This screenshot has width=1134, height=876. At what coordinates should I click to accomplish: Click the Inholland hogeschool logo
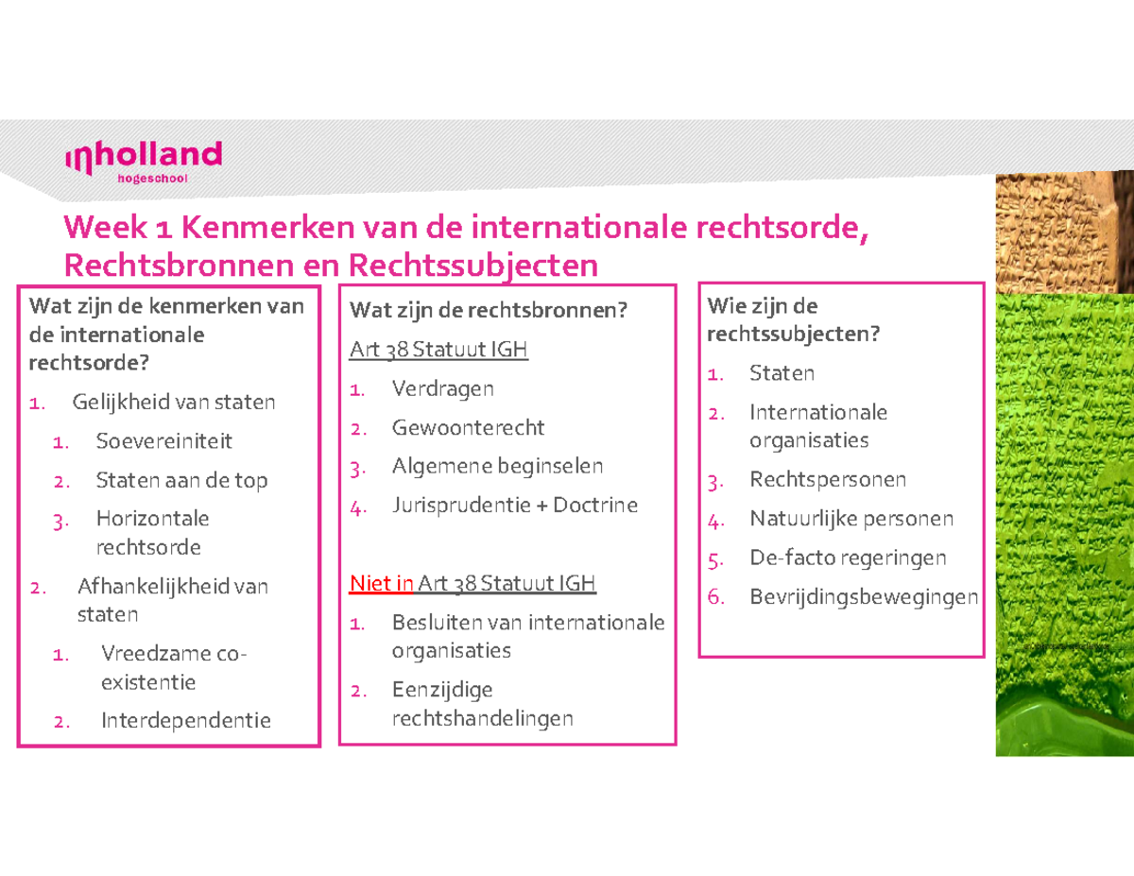tap(143, 162)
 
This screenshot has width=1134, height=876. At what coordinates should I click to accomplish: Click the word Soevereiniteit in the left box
tap(163, 441)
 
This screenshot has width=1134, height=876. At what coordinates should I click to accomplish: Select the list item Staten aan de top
tap(181, 480)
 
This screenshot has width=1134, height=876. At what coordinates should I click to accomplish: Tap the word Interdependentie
tap(185, 721)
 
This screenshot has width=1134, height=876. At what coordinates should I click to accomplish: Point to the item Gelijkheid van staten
tap(174, 403)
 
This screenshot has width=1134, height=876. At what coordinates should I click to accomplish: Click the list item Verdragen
tap(442, 388)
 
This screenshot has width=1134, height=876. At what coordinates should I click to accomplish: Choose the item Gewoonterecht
tap(468, 428)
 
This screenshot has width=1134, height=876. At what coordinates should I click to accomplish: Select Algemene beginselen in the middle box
tap(497, 467)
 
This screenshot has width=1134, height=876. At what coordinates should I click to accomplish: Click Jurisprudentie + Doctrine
tap(514, 506)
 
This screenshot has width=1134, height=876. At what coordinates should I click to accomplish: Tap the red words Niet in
tap(382, 583)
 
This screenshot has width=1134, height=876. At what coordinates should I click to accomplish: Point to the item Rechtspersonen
tap(827, 480)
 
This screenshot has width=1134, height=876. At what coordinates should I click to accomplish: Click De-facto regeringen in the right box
tap(847, 558)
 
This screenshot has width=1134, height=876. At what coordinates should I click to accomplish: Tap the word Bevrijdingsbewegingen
tap(863, 597)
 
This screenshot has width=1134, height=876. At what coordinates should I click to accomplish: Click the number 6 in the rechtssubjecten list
tap(715, 597)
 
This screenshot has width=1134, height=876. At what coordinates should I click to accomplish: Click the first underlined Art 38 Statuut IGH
tap(438, 350)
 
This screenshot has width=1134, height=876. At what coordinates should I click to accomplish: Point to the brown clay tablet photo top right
tap(1063, 232)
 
